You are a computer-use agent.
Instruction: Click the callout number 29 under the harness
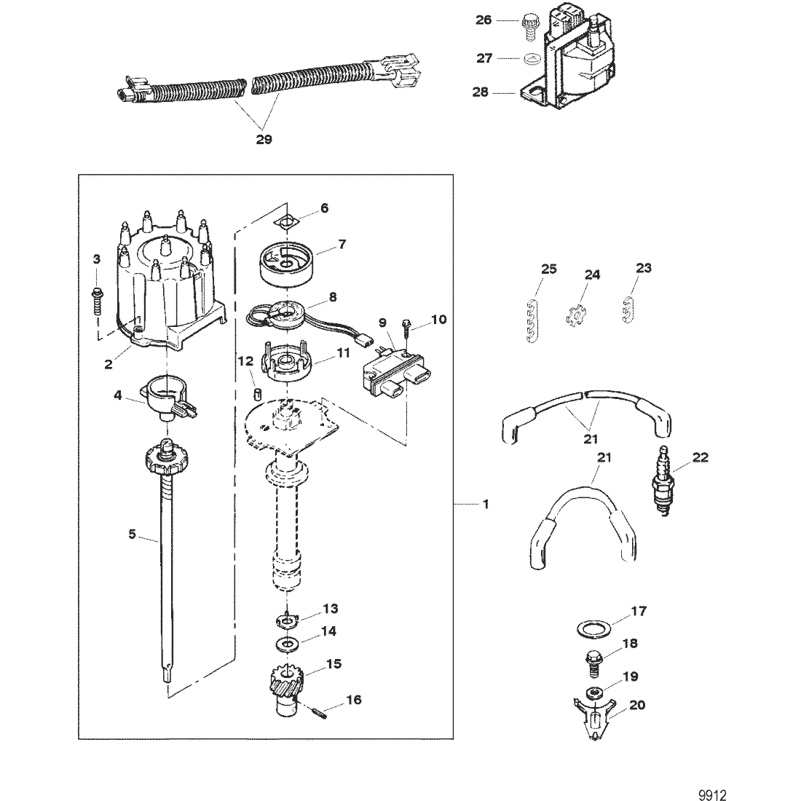[x=264, y=139]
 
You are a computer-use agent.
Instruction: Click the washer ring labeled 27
[x=531, y=58]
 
